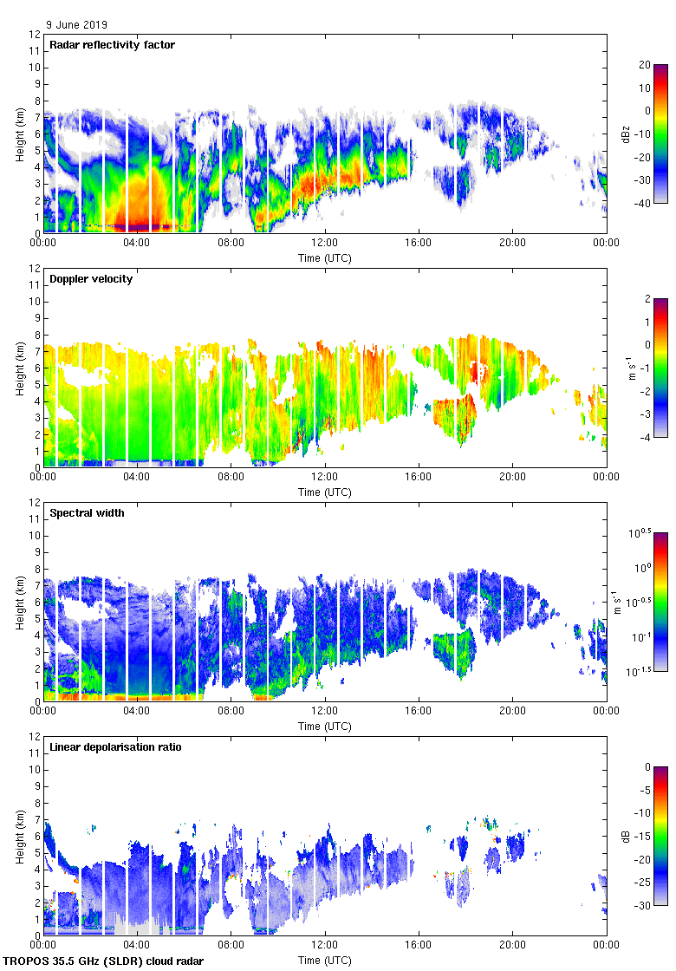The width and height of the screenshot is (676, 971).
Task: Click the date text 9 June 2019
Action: click(x=77, y=25)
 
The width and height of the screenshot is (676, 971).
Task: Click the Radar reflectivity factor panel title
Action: click(x=113, y=45)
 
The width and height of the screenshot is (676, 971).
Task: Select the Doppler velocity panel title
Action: click(x=90, y=279)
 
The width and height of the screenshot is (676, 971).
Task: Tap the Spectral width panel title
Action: click(x=88, y=513)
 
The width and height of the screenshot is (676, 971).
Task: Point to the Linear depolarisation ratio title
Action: click(x=115, y=747)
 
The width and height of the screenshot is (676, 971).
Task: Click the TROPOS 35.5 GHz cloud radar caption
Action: click(x=104, y=961)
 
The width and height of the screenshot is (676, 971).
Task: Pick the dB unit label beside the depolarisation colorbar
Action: click(x=626, y=837)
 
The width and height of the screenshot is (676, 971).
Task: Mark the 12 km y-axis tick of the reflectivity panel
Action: click(x=34, y=35)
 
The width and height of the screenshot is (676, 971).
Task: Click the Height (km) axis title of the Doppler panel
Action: click(x=19, y=368)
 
